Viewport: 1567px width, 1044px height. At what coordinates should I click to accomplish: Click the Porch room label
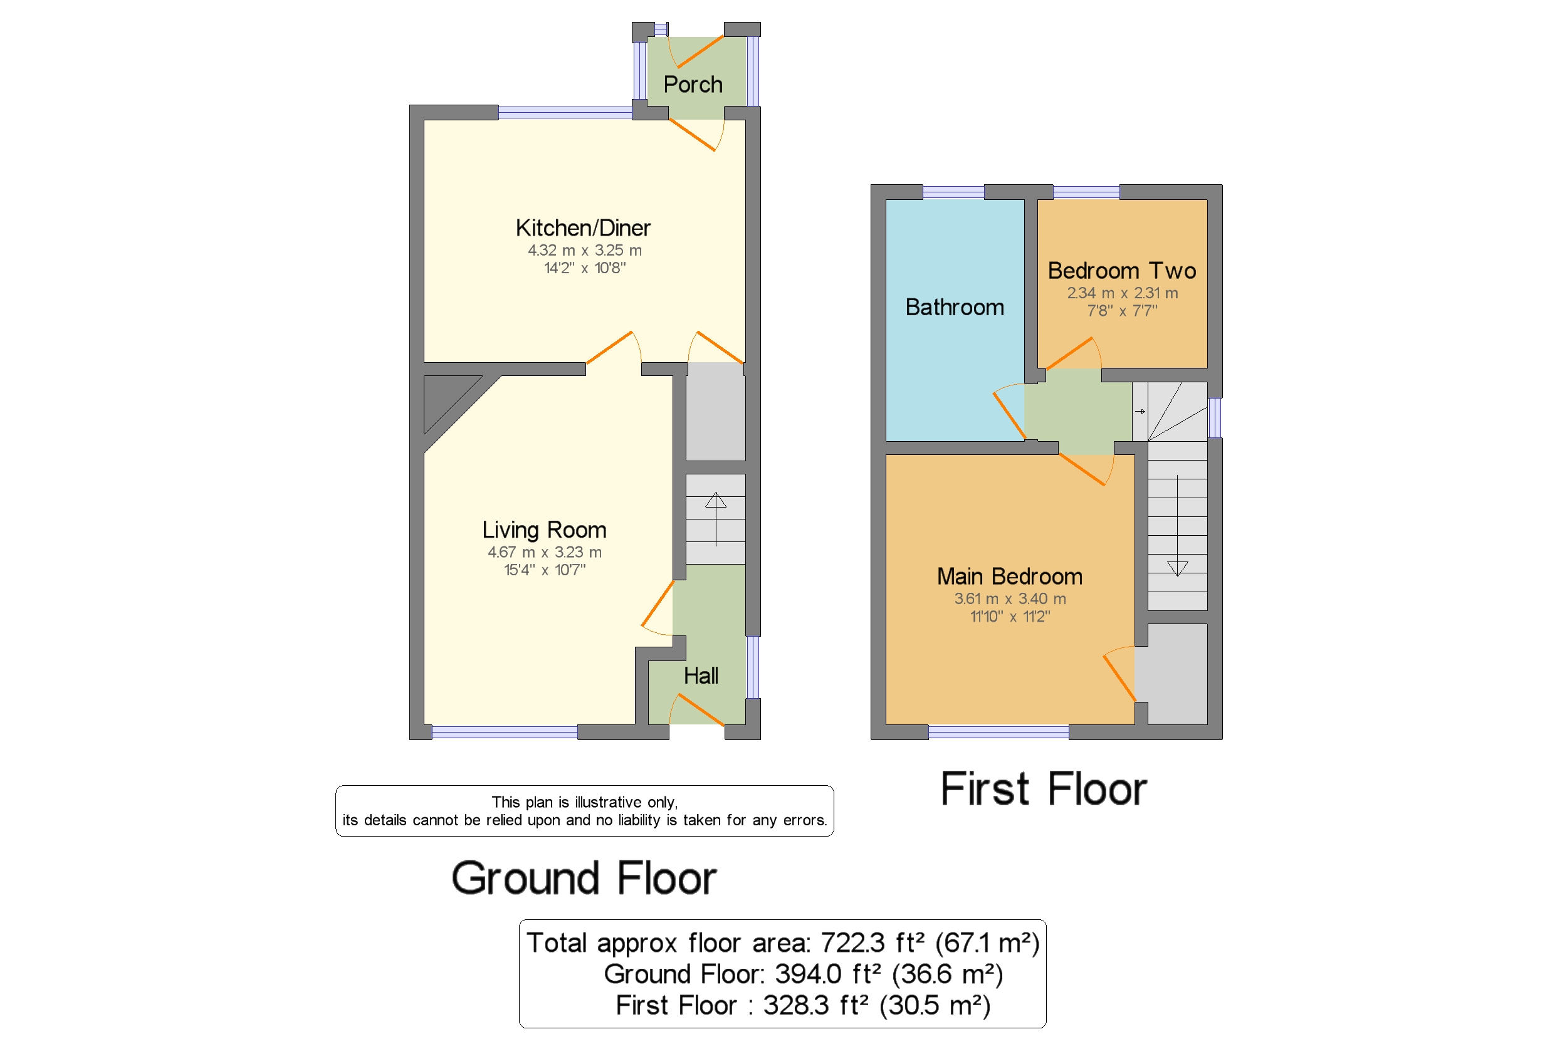click(x=693, y=85)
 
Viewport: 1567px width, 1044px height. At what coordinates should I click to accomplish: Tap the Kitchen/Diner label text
click(x=583, y=227)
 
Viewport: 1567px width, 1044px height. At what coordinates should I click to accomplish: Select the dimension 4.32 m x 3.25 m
click(x=584, y=251)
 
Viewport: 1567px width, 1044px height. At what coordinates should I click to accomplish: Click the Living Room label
click(x=544, y=530)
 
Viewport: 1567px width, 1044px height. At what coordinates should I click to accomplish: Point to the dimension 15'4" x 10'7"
click(x=544, y=570)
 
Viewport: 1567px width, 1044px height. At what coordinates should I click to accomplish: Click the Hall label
click(x=701, y=676)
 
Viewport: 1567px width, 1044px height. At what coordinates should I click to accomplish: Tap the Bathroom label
click(x=955, y=307)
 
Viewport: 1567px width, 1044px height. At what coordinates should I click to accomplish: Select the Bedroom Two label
click(x=1121, y=270)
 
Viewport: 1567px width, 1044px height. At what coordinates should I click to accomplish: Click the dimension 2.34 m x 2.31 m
click(x=1122, y=293)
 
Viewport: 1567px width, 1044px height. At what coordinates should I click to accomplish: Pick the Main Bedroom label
click(x=1010, y=577)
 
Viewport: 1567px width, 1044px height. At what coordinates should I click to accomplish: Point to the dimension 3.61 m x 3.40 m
click(x=1010, y=599)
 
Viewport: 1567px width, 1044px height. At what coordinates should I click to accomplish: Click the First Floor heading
click(x=1044, y=789)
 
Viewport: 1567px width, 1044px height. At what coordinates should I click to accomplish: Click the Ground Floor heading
click(x=584, y=878)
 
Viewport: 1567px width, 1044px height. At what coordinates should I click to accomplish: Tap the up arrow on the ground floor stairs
click(x=716, y=519)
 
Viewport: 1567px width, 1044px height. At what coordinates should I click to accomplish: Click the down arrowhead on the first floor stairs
click(x=1177, y=568)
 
